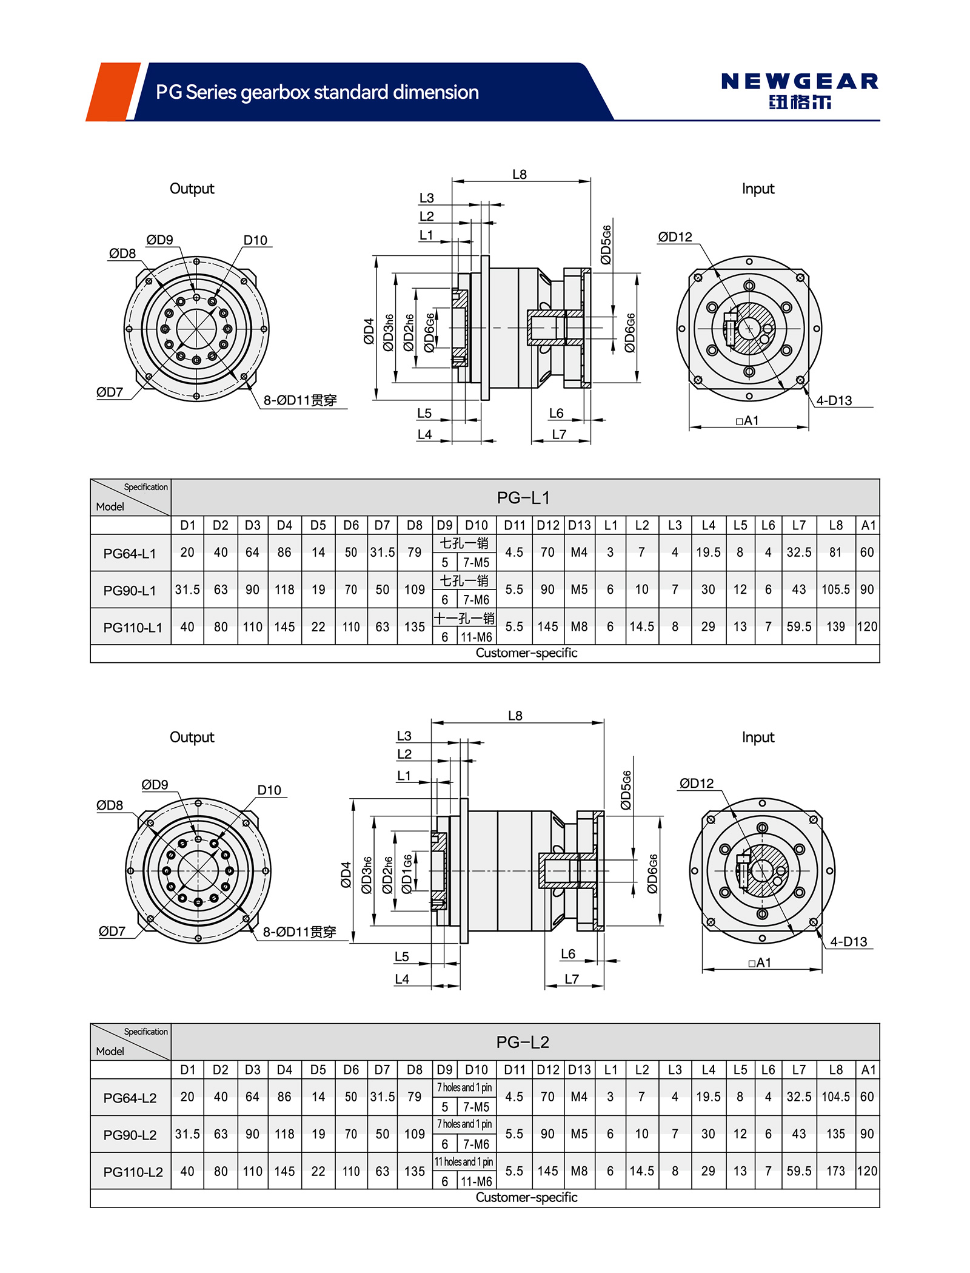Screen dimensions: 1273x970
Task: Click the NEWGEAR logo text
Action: [800, 81]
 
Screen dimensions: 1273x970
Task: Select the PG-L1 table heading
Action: [523, 498]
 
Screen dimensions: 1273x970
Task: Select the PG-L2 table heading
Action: [523, 1042]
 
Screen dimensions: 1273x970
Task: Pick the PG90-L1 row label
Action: [130, 590]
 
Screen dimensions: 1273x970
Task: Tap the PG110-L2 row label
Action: [133, 1172]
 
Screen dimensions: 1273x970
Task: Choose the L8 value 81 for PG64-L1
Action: [835, 553]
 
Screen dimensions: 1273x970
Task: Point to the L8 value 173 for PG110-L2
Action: [835, 1171]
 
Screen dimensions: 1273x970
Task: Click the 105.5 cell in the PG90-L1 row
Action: [835, 589]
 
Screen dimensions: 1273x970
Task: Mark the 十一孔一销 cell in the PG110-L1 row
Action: [464, 618]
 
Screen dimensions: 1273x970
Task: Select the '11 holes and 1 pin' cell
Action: [464, 1161]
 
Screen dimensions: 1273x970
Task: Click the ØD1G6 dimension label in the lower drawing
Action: [407, 874]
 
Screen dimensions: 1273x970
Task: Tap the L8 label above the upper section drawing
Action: [520, 175]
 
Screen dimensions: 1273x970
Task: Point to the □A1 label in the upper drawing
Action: [748, 420]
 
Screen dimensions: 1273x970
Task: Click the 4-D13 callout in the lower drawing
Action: [848, 942]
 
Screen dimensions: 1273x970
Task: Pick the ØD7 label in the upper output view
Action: [110, 392]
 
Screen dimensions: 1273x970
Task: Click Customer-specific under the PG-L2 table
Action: [526, 1197]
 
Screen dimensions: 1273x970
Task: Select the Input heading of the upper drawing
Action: [758, 189]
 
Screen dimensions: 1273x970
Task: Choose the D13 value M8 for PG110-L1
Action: [579, 626]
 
